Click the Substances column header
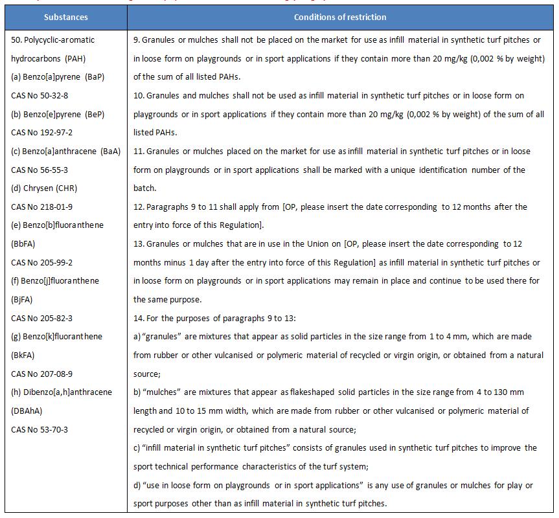[x=67, y=17]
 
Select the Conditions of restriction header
[x=339, y=17]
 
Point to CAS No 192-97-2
[x=42, y=133]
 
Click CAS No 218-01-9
[x=42, y=207]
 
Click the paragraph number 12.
[x=137, y=207]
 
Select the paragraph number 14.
[x=137, y=319]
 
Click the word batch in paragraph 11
[x=144, y=188]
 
